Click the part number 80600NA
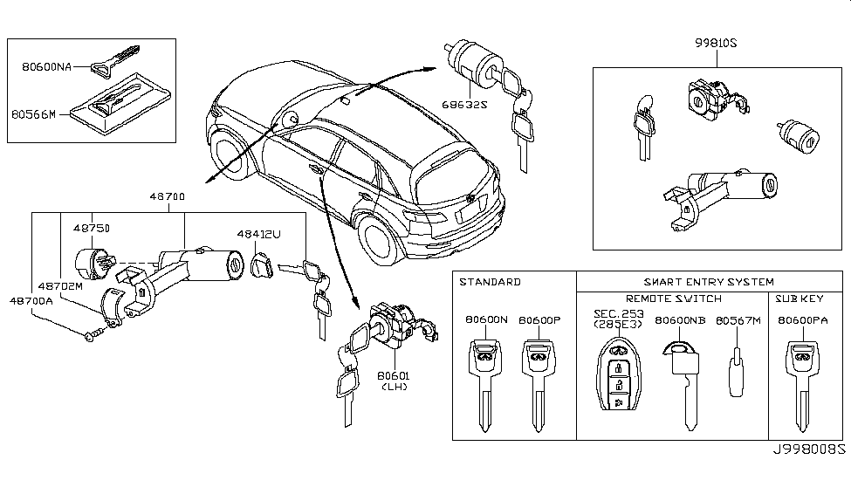pos(46,65)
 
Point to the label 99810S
pos(717,43)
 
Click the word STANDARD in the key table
pos(490,282)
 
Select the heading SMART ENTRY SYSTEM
pos(709,282)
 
